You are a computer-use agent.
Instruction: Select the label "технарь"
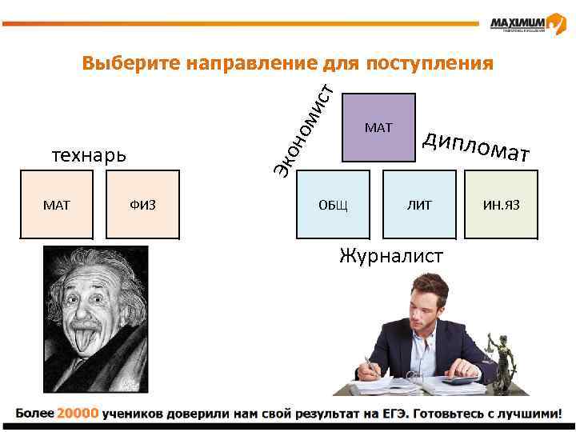(x=89, y=154)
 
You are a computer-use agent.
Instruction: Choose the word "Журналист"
(x=391, y=256)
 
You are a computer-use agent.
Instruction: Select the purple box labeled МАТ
(x=378, y=127)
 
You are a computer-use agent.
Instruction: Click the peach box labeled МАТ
(x=57, y=205)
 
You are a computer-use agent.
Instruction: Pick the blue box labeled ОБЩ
(x=333, y=205)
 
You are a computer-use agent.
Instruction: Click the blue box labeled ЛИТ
(x=418, y=205)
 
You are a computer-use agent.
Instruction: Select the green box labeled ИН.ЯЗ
(x=501, y=205)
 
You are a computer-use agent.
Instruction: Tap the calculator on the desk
(x=462, y=382)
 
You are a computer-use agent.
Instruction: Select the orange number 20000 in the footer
(x=78, y=414)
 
